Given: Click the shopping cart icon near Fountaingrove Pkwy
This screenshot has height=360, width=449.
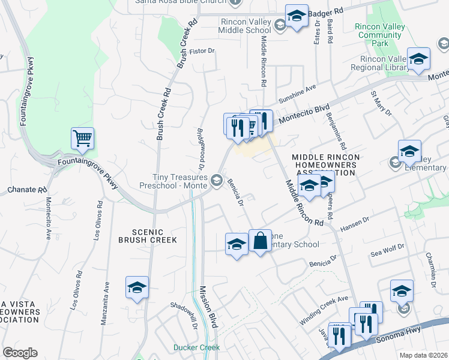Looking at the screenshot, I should (82, 139).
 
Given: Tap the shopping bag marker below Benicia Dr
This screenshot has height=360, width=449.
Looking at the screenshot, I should (260, 241).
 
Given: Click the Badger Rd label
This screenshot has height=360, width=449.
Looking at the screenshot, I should (330, 11).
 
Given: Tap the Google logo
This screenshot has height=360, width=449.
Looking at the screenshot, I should (20, 353).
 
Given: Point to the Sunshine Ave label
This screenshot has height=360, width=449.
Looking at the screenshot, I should (297, 93).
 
